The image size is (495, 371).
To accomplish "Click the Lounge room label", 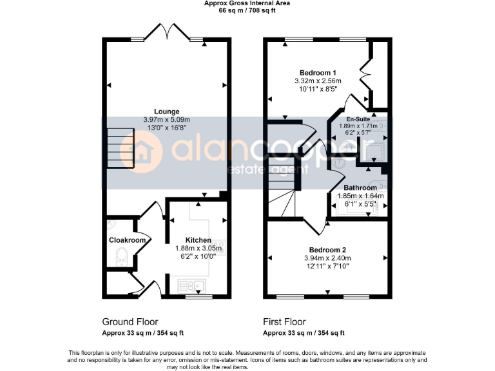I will click(x=167, y=111).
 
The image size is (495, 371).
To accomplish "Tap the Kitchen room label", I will click(x=199, y=240).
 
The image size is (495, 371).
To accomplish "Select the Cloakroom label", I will click(x=127, y=240).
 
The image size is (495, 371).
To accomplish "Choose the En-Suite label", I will click(x=358, y=120).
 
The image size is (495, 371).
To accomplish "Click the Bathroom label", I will click(x=361, y=187).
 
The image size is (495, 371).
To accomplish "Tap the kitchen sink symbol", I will click(x=192, y=284).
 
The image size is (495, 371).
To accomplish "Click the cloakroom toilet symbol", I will click(x=121, y=257).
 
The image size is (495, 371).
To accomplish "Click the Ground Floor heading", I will click(x=130, y=321).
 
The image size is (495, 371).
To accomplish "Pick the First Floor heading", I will click(x=284, y=321).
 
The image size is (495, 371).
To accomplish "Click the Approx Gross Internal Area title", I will click(x=247, y=3).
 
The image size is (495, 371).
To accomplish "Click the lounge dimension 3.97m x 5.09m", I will click(x=167, y=119).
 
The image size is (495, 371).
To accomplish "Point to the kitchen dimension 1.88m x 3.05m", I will click(x=199, y=248).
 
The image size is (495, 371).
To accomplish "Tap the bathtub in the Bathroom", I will click(x=361, y=207).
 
